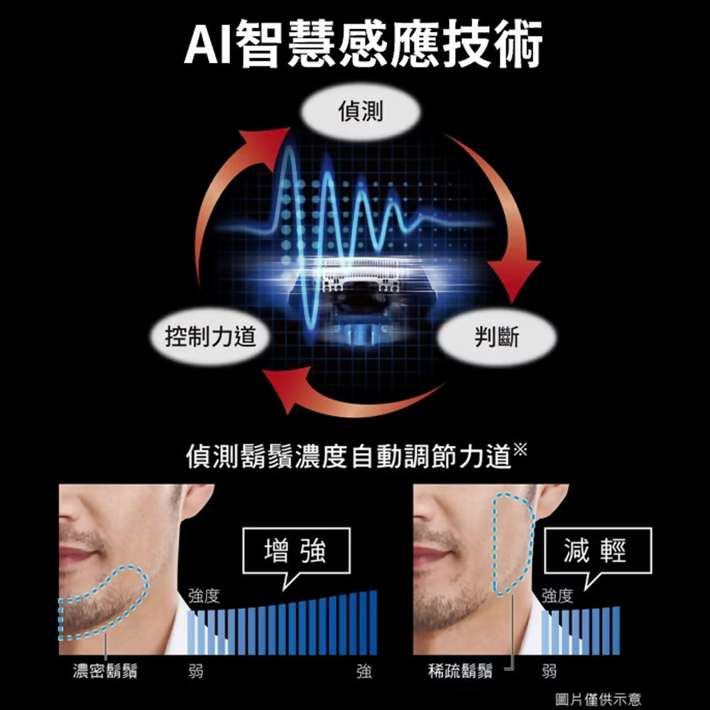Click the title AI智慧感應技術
click(x=363, y=44)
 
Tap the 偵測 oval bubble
click(x=361, y=111)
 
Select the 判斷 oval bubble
click(x=497, y=337)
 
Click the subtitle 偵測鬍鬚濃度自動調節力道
click(x=349, y=456)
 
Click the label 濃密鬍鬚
click(x=105, y=671)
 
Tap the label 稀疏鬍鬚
click(x=460, y=671)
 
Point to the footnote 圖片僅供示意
click(x=598, y=699)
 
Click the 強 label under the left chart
click(x=364, y=671)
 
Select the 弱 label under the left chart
click(x=196, y=671)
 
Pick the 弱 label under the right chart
click(x=550, y=671)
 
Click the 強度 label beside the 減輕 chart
click(x=557, y=596)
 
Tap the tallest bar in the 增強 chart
click(x=373, y=623)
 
